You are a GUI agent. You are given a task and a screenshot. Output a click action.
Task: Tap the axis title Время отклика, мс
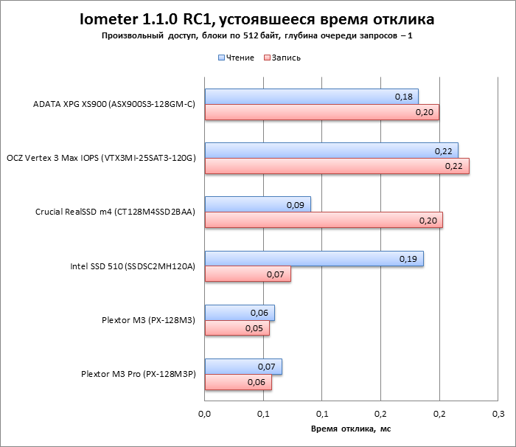pyautogui.click(x=351, y=429)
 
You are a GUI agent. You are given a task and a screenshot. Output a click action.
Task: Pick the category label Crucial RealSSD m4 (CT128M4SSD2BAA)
pyautogui.click(x=115, y=212)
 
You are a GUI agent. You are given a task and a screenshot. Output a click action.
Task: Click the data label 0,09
pyautogui.click(x=295, y=204)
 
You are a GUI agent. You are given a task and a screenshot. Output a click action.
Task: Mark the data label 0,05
pyautogui.click(x=254, y=328)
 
